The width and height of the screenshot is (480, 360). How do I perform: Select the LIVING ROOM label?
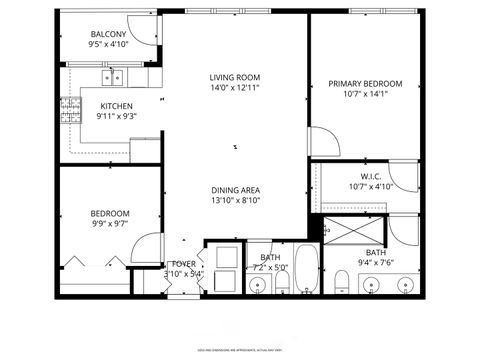click(x=235, y=77)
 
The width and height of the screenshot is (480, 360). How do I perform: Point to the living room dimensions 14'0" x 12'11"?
click(x=235, y=89)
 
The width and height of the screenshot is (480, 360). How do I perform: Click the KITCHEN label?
click(x=116, y=105)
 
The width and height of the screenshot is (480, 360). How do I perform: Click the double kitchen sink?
click(x=114, y=76)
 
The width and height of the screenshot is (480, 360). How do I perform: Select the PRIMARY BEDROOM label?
click(x=365, y=84)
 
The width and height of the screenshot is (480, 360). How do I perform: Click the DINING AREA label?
click(x=235, y=190)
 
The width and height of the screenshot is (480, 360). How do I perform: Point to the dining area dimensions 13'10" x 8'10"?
click(x=235, y=201)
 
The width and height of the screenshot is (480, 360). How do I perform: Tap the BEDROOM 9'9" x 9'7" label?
click(x=110, y=219)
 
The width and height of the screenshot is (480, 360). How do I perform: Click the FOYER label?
click(x=183, y=264)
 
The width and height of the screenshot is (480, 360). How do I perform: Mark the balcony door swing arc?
click(x=145, y=35)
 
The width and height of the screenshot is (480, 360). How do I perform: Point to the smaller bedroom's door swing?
click(x=148, y=248)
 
